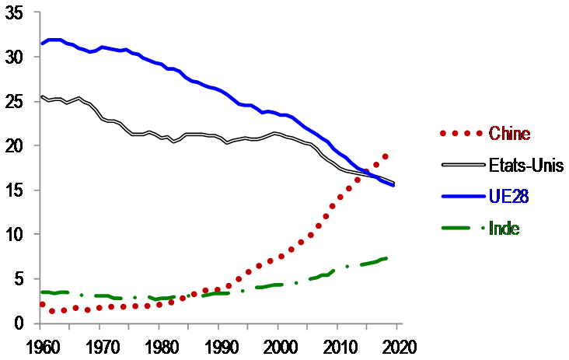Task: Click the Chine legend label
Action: (508, 134)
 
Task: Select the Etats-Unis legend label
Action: (520, 165)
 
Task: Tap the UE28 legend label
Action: (509, 197)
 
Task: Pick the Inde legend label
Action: (504, 228)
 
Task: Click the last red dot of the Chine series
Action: (385, 156)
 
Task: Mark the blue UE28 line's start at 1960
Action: (42, 44)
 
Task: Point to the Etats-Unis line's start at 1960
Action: (42, 97)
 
